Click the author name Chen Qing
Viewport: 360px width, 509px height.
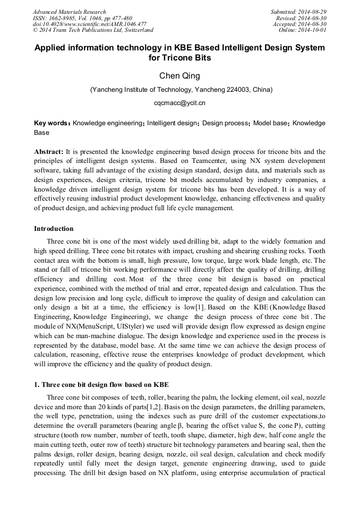pyautogui.click(x=179, y=76)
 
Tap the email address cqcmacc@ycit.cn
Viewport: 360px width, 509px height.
pyautogui.click(x=179, y=103)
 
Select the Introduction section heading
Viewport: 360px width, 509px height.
pyautogui.click(x=54, y=229)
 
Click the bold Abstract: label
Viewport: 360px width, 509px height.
pyautogui.click(x=49, y=151)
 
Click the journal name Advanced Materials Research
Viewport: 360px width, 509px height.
pyautogui.click(x=69, y=12)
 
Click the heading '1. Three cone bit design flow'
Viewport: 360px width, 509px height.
pyautogui.click(x=101, y=384)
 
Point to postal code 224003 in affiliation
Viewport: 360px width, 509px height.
pyautogui.click(x=238, y=90)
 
